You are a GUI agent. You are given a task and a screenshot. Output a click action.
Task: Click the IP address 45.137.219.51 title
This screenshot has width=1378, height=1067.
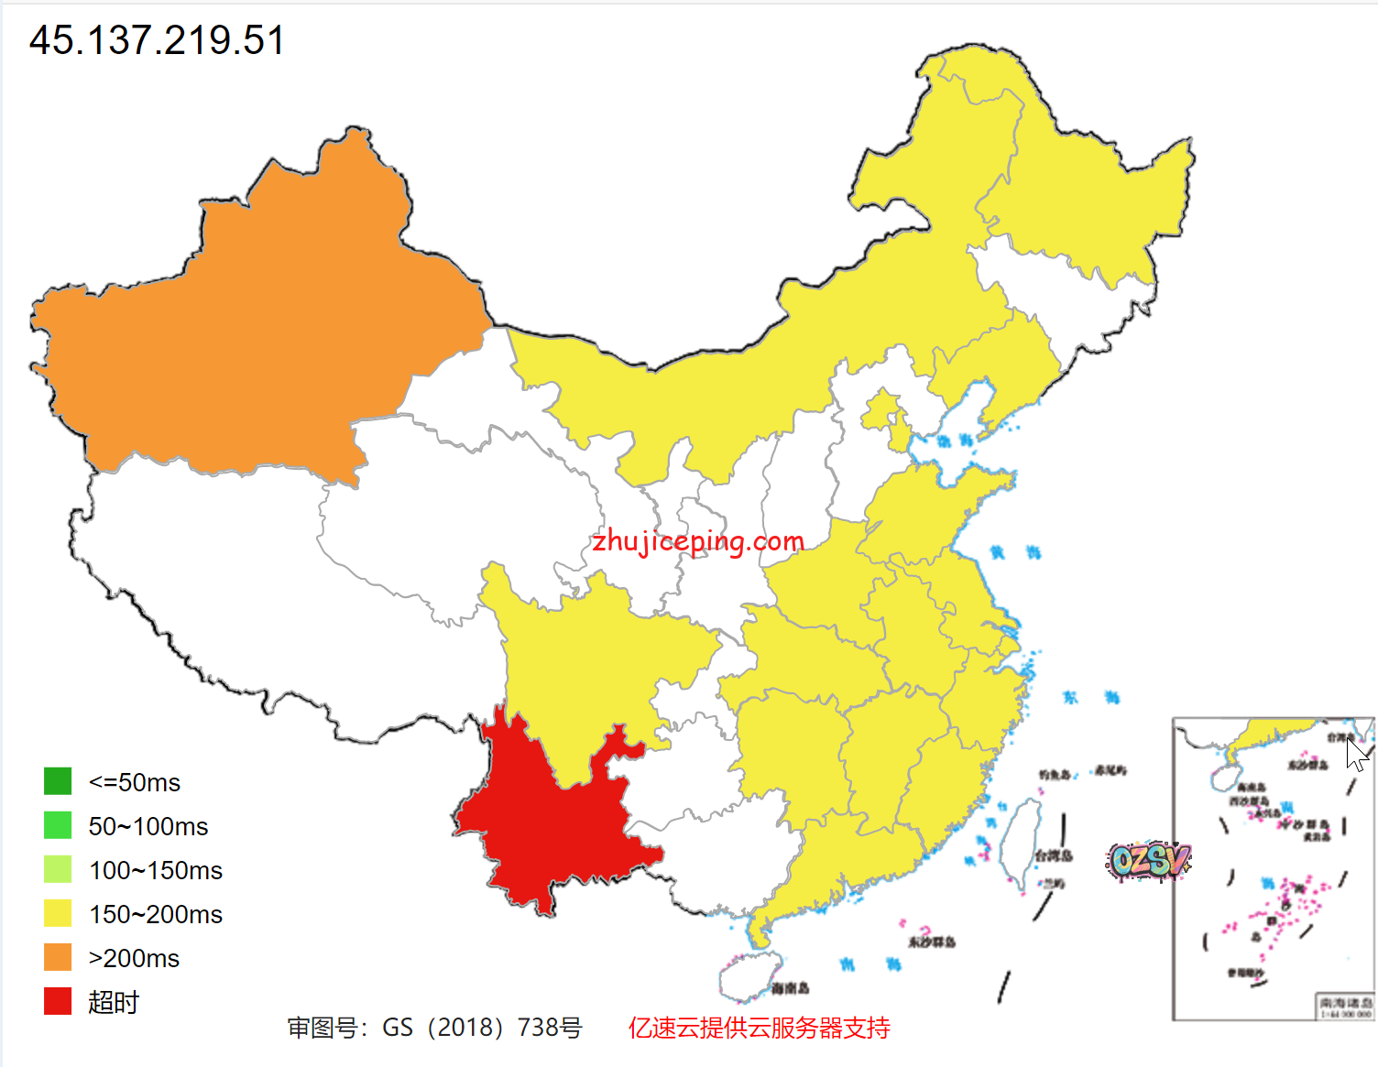point(157,40)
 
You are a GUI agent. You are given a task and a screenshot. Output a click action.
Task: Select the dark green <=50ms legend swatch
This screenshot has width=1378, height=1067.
point(58,781)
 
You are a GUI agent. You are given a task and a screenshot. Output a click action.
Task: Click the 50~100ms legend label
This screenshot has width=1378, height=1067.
point(148,826)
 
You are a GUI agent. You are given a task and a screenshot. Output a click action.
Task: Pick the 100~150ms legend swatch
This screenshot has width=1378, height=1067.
point(58,869)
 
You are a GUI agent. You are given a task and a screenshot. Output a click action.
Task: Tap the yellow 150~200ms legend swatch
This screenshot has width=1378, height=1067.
point(58,913)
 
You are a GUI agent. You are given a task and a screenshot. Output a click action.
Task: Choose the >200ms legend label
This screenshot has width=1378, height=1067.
point(134,958)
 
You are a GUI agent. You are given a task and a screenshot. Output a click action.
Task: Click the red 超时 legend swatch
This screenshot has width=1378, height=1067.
point(58,1001)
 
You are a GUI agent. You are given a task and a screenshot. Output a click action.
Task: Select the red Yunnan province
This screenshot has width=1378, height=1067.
point(550,824)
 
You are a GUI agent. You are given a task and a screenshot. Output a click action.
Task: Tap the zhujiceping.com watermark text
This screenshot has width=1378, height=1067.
point(698,541)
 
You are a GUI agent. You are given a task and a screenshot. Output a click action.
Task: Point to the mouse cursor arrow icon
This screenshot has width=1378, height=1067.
point(1357,756)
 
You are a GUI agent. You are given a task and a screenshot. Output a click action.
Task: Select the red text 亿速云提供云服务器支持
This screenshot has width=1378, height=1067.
point(759,1028)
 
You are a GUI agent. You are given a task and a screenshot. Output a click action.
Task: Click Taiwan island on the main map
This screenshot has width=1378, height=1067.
point(1020,843)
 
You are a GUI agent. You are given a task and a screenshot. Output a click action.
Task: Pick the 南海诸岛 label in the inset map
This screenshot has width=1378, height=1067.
point(1346,1003)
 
